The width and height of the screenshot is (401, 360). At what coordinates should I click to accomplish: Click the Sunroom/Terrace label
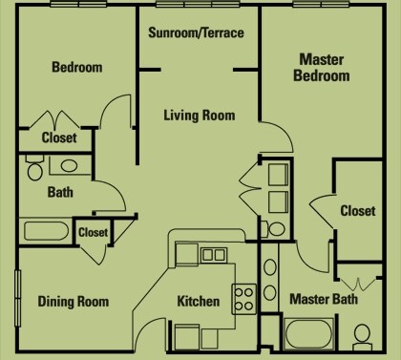click(197, 32)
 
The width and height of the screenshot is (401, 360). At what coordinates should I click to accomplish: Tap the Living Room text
click(198, 116)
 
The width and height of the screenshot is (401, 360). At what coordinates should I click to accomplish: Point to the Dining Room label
click(73, 302)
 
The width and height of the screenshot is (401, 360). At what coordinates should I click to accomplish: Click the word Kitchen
click(199, 302)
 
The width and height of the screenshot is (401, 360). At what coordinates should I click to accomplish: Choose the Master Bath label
click(326, 298)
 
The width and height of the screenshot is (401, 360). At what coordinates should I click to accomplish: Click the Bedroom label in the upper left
click(76, 68)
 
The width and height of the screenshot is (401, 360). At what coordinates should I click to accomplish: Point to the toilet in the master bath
click(364, 335)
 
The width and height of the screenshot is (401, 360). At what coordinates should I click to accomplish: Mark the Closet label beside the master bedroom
click(357, 210)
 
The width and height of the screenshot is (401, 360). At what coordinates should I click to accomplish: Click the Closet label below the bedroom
click(59, 138)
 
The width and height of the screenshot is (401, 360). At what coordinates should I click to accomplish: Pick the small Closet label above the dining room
click(93, 231)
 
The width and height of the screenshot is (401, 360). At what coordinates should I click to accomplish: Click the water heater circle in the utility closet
click(275, 228)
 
